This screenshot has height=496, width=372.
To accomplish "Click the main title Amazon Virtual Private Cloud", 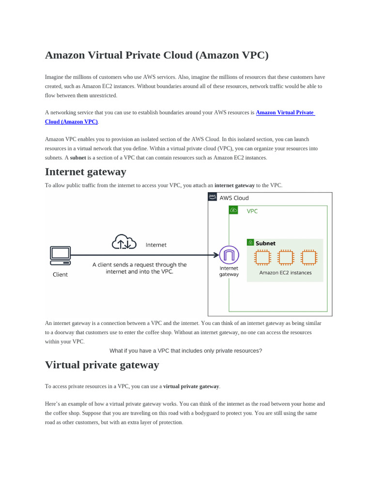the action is [156, 55].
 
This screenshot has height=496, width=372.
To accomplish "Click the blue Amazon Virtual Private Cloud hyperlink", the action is [285, 112].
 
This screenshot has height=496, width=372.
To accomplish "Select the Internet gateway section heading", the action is [85, 172].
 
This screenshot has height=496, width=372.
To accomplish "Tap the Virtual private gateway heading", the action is [102, 365].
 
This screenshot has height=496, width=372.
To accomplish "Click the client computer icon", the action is [60, 256].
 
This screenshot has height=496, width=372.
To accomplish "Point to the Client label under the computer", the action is [60, 275].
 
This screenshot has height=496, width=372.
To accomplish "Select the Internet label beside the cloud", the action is [156, 245].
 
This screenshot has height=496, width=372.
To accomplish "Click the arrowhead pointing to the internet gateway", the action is [216, 255].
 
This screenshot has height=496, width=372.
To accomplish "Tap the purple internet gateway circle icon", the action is [229, 255].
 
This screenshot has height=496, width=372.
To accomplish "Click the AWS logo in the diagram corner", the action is [213, 197].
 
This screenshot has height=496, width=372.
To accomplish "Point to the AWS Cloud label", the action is [234, 198].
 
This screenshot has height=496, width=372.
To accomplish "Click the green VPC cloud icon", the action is [233, 210].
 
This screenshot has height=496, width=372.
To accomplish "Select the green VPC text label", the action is [252, 212].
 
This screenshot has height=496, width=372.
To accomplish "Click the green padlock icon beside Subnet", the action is [250, 242].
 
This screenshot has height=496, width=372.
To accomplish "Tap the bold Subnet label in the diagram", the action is [265, 244].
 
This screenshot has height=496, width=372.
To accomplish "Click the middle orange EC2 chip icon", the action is [286, 257].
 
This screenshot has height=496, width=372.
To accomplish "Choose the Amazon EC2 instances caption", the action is [285, 273].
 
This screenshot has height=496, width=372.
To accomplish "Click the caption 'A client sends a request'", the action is [139, 268].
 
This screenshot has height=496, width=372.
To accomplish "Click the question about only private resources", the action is [186, 351].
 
